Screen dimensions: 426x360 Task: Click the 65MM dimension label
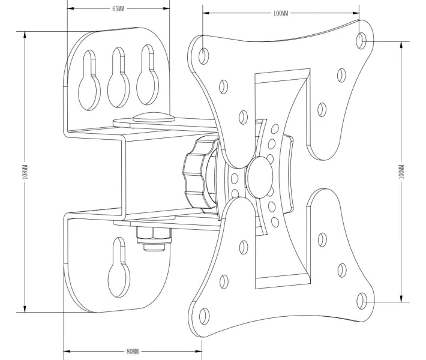click(x=118, y=8)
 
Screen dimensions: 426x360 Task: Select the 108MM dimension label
click(x=25, y=172)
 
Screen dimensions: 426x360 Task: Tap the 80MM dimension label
click(x=133, y=352)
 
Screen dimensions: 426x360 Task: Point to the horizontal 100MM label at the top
click(x=281, y=13)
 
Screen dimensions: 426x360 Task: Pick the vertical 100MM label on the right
click(x=402, y=172)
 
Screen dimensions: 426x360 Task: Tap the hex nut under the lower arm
click(x=154, y=239)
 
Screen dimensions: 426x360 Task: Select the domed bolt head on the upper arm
click(x=154, y=118)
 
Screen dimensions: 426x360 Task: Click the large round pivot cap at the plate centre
click(x=260, y=177)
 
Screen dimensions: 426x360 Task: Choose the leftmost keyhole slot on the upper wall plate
click(x=89, y=80)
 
